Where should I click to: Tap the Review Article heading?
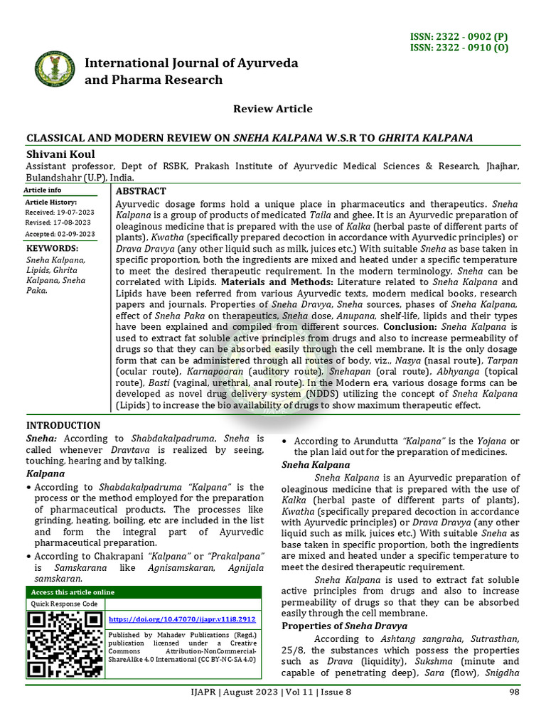pyautogui.click(x=273, y=109)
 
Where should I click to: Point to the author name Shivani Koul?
pyautogui.click(x=60, y=154)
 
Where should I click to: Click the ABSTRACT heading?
pyautogui.click(x=141, y=191)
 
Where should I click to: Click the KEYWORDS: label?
pyautogui.click(x=53, y=248)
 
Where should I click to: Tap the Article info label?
pyautogui.click(x=43, y=191)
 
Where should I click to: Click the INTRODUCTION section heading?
pyautogui.click(x=63, y=425)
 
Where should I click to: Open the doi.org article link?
pyautogui.click(x=181, y=619)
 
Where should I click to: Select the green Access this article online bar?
pyautogui.click(x=144, y=592)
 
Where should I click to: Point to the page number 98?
pyautogui.click(x=514, y=692)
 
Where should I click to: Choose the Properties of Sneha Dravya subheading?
pyautogui.click(x=344, y=626)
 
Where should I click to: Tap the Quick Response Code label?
pyautogui.click(x=64, y=604)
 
